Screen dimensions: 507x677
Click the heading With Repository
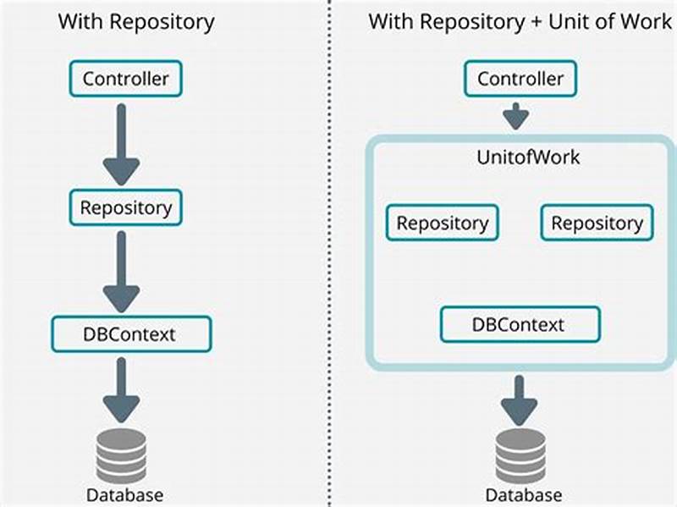click(x=135, y=21)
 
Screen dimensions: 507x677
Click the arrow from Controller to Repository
click(x=124, y=144)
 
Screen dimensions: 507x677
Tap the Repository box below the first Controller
click(x=125, y=207)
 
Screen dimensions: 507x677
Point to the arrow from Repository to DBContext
click(x=124, y=271)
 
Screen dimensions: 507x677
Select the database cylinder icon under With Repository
click(x=124, y=453)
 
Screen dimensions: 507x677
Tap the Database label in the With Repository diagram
click(x=124, y=494)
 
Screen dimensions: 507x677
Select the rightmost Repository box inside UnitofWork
click(x=597, y=223)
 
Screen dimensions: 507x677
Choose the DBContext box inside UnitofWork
click(x=520, y=324)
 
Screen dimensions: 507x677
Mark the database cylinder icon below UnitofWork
click(x=520, y=455)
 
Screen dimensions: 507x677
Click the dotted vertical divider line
click(x=329, y=254)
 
